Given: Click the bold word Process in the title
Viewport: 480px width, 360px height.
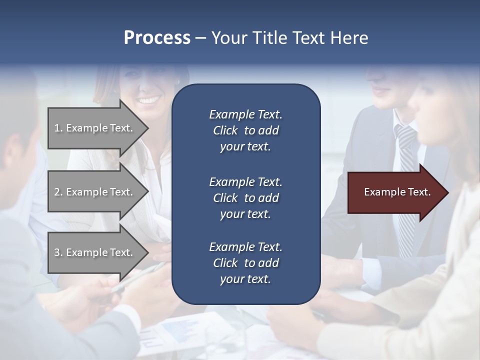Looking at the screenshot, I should [x=157, y=38].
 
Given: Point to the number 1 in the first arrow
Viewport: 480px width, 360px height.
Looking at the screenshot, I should [x=57, y=128].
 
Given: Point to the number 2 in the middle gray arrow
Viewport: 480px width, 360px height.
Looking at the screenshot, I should [x=57, y=192].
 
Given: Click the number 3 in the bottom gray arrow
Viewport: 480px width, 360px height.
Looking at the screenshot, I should [x=57, y=252].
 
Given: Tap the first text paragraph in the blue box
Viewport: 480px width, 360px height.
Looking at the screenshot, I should [x=245, y=130].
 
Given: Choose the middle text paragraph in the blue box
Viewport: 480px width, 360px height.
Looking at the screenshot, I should [x=245, y=198].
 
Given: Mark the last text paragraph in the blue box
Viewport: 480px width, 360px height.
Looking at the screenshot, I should [x=245, y=263].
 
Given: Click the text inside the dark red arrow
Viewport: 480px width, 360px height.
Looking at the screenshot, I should [x=397, y=192].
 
